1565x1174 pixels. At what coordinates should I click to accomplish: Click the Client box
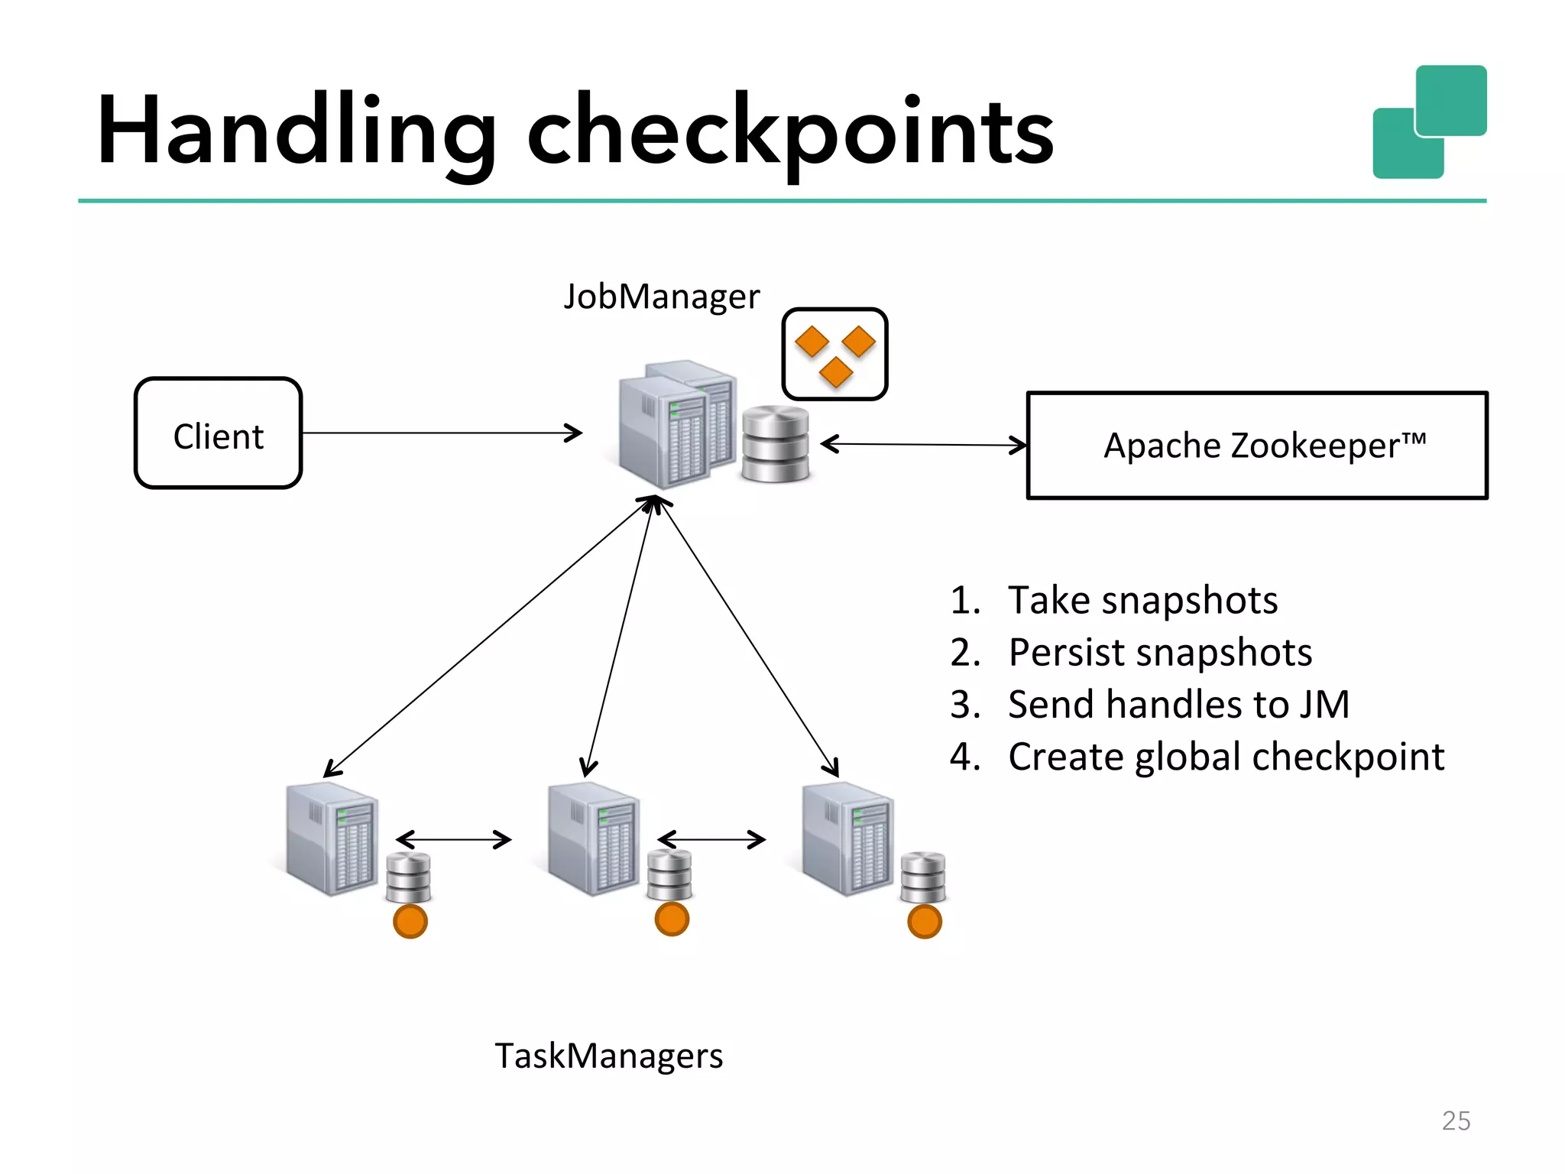(219, 433)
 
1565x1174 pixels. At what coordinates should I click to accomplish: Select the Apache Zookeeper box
(1257, 446)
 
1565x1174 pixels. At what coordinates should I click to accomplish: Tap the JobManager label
(661, 297)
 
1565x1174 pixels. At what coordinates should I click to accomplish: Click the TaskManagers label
(608, 1056)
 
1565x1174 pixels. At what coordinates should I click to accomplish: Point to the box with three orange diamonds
(834, 354)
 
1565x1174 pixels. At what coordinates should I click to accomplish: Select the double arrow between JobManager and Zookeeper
(923, 444)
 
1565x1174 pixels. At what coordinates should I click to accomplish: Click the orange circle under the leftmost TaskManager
(410, 921)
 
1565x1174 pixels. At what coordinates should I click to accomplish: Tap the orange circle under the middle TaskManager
(672, 919)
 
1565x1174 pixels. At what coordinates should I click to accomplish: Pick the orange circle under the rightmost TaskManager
(925, 921)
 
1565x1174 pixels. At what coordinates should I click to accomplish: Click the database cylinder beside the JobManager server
(776, 444)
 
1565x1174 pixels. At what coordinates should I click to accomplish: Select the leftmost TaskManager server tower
(331, 838)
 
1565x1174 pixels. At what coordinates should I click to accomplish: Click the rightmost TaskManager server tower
(847, 838)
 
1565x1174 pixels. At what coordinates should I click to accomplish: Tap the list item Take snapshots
(1142, 600)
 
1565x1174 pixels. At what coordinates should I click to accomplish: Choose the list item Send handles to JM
(1178, 704)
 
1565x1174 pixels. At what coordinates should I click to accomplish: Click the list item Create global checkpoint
(1225, 757)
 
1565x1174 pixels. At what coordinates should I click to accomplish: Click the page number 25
(1456, 1120)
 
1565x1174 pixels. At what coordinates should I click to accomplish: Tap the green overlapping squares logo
(1430, 122)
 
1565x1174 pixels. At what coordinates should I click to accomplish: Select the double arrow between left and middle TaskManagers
(454, 839)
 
